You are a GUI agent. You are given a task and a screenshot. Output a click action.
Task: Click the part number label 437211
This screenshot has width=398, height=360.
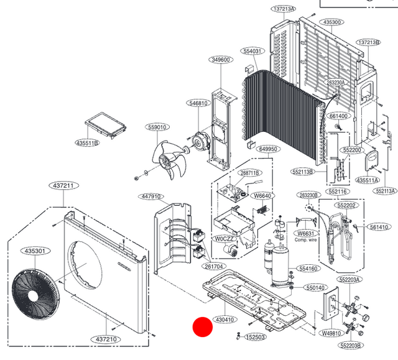pos(63,186)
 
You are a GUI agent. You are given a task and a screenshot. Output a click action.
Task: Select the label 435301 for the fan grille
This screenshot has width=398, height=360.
pos(35,251)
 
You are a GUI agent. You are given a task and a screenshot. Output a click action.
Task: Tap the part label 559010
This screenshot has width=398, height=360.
pos(157,127)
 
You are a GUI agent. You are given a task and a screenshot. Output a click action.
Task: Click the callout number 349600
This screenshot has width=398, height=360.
pos(221,60)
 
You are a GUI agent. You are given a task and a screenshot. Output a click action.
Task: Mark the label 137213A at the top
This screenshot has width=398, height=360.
pos(284,9)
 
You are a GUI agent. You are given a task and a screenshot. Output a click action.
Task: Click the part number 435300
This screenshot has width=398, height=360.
pos(333,22)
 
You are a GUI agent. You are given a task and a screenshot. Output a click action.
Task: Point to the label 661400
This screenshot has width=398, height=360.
pos(339,116)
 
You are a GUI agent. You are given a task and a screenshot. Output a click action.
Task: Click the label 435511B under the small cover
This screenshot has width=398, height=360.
pos(88,143)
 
